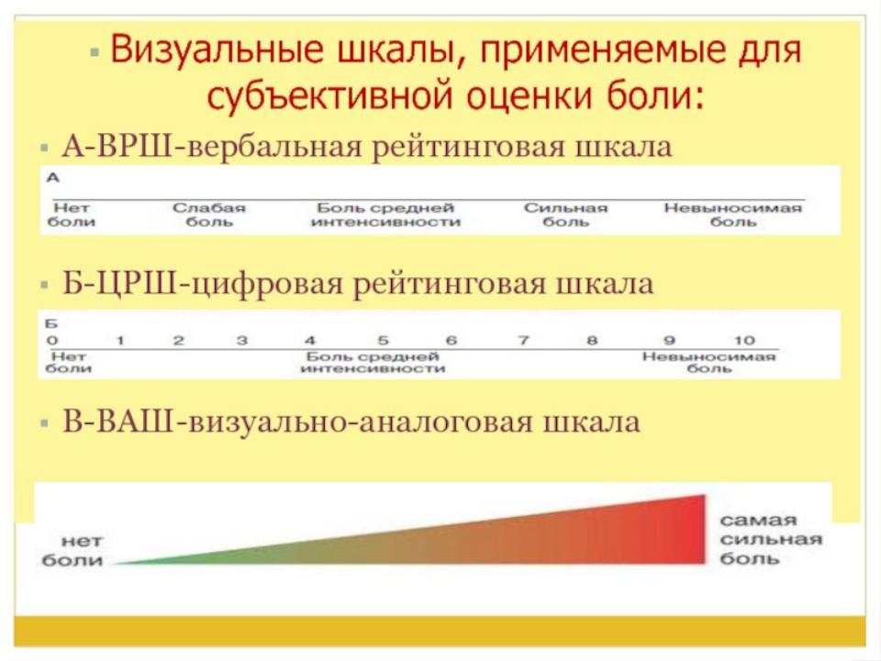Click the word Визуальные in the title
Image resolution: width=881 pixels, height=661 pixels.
[217, 49]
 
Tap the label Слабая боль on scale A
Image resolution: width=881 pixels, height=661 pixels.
[209, 215]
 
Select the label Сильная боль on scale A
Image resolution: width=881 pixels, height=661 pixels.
[566, 215]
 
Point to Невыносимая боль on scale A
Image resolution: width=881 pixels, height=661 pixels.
[732, 215]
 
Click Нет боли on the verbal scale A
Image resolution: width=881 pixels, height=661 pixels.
[72, 215]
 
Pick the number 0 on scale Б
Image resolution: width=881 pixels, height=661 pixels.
[52, 340]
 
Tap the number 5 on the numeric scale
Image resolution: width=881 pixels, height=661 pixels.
[383, 340]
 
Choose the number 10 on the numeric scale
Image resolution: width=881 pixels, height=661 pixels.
[744, 340]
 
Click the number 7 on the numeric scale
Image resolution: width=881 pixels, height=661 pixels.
[523, 340]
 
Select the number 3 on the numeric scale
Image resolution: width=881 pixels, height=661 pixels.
[242, 340]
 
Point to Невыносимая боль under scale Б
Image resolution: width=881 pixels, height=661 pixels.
[709, 363]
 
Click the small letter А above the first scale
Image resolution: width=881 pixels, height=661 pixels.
[53, 177]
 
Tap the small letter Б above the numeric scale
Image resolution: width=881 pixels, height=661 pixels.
[51, 324]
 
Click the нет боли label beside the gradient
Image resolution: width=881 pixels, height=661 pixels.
[72, 550]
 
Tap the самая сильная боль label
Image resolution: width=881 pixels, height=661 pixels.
[771, 539]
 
